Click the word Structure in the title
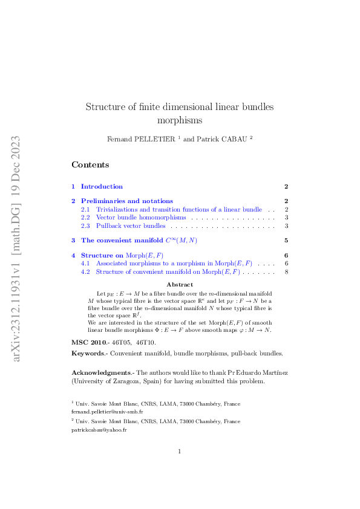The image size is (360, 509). tap(105, 107)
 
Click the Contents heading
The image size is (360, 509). tap(90, 164)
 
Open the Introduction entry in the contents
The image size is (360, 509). tap(102, 187)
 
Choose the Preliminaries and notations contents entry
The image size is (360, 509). tap(126, 201)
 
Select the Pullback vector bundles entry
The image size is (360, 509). tap(131, 226)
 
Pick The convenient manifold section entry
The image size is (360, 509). tap(139, 241)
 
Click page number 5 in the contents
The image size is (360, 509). tap(286, 241)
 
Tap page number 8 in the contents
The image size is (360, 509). tap(286, 272)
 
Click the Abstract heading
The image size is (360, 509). tap(179, 284)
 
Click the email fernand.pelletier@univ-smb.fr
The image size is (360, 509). tap(107, 411)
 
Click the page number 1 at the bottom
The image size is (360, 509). tap(180, 452)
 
